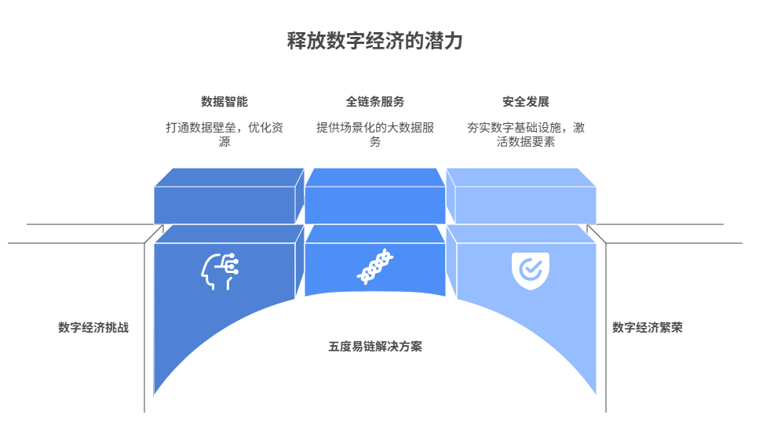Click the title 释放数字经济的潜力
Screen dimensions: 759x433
[375, 42]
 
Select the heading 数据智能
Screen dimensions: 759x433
[224, 101]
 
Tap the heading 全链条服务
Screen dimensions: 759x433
[375, 101]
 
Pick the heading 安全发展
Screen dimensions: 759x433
[526, 101]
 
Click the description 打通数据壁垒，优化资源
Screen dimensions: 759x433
[224, 134]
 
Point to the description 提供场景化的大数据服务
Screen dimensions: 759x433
[375, 134]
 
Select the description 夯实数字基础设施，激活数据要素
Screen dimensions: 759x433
[526, 134]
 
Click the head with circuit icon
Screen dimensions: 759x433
[220, 271]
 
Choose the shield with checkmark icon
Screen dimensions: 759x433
[531, 271]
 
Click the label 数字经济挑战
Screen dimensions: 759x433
[93, 327]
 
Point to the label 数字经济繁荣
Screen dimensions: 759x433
[648, 327]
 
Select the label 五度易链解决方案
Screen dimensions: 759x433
[375, 346]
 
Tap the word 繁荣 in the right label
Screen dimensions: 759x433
[671, 327]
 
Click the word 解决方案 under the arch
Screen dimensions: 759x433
[399, 346]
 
